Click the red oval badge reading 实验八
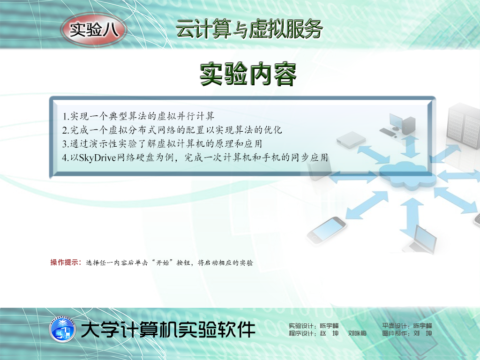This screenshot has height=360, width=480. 94,30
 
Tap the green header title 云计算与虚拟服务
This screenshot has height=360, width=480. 249,30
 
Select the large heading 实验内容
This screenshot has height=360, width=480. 248,74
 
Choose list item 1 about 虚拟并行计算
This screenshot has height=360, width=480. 138,116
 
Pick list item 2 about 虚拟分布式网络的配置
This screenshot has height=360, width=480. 172,130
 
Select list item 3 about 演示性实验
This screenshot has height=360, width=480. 162,143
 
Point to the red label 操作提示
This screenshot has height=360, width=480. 66,262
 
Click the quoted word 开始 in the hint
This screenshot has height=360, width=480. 163,262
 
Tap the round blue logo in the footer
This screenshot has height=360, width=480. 62,330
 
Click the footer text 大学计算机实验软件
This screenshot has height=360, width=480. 168,330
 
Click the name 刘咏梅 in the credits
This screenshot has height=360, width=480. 357,333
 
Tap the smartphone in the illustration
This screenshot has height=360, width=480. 327,230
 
